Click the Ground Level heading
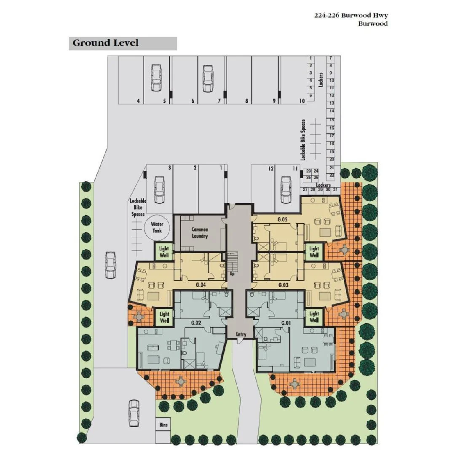click(106, 43)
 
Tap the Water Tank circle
click(157, 227)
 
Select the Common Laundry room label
click(200, 233)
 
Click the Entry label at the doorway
click(241, 335)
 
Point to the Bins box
click(163, 425)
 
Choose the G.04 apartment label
click(201, 285)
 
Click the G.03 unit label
click(283, 285)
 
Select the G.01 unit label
click(286, 323)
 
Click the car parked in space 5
click(156, 78)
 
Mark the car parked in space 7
click(208, 78)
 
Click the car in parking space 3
click(159, 189)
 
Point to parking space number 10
click(302, 101)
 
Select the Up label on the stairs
click(232, 273)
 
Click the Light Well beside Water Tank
click(164, 252)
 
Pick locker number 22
click(332, 175)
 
